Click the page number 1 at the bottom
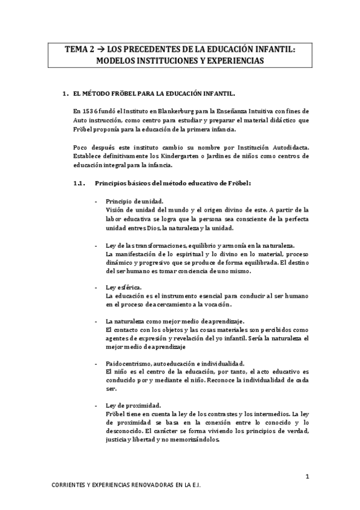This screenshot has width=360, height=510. [x=307, y=478]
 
